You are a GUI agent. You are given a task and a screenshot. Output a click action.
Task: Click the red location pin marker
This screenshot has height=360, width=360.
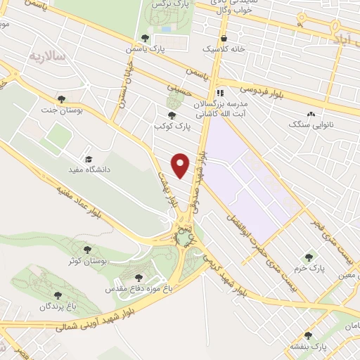(181, 165)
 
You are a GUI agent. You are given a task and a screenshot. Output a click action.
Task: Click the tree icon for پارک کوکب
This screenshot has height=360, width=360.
(172, 115)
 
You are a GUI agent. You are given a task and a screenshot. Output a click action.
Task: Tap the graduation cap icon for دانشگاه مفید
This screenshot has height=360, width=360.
(88, 159)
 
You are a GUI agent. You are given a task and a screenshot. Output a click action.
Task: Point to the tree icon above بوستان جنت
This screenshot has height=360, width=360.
(62, 99)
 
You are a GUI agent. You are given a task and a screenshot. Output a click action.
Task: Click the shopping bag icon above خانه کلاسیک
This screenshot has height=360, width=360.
(224, 38)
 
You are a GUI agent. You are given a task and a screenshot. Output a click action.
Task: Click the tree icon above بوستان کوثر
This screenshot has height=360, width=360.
(87, 249)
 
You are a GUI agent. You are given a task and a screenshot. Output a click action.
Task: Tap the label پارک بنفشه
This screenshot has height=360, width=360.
(311, 347)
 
